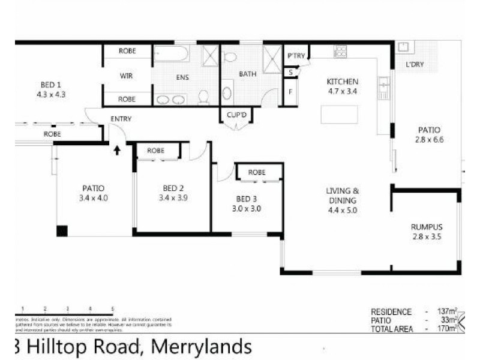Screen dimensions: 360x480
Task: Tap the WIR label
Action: tap(126, 76)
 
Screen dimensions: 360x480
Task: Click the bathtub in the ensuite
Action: tap(172, 54)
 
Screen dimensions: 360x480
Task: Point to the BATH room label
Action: tap(247, 74)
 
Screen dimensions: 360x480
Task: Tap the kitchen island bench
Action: tap(340, 114)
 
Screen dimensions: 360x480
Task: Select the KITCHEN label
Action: tap(342, 82)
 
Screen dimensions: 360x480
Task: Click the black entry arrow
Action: tap(117, 149)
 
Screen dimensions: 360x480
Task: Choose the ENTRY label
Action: tap(121, 119)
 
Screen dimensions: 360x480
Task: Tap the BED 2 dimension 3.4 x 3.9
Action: tap(173, 197)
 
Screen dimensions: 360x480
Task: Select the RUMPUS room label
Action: tap(427, 227)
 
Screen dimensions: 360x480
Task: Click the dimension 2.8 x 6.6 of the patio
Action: tap(429, 140)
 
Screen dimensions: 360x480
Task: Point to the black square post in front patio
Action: tap(62, 231)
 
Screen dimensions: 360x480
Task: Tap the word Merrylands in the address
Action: tap(200, 347)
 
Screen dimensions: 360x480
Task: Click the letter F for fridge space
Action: tap(290, 92)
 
